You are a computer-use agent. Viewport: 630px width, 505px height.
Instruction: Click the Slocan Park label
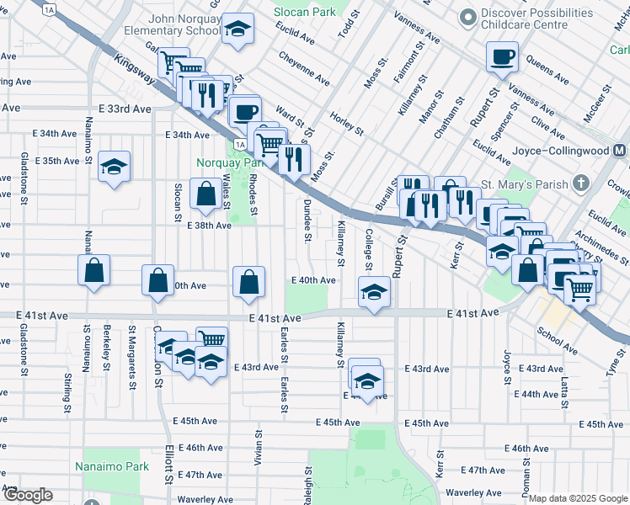click(x=303, y=11)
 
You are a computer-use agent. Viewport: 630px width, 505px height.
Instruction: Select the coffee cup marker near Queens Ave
click(x=502, y=57)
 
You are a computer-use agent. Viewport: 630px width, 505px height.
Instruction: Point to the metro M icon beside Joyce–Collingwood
click(x=620, y=151)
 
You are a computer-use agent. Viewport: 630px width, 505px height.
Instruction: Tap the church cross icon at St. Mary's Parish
click(x=579, y=183)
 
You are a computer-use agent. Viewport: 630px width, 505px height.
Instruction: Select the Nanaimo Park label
click(x=111, y=466)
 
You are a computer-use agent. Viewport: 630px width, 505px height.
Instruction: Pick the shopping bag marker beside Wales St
click(x=206, y=194)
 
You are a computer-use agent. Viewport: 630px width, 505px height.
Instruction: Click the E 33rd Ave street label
click(x=124, y=109)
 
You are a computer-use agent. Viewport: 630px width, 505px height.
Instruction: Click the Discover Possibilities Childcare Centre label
click(x=550, y=19)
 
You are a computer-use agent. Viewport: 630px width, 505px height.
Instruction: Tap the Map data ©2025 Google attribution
click(x=578, y=498)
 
